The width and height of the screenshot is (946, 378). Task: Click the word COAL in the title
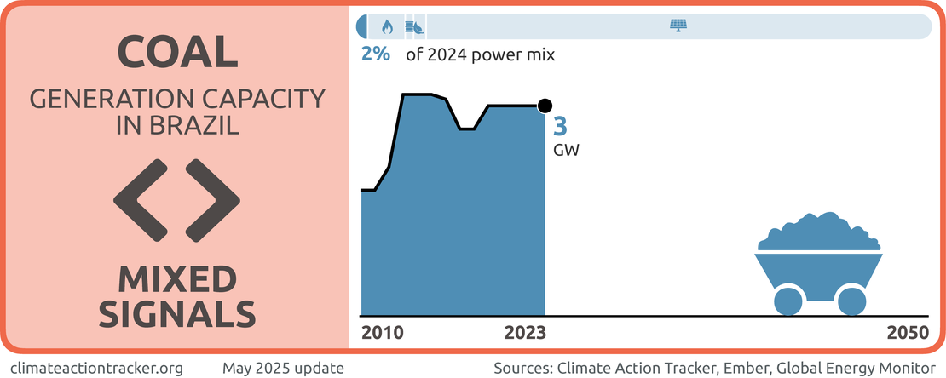click(x=176, y=52)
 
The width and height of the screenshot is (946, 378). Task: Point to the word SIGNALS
click(x=176, y=312)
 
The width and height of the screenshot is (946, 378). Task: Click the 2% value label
click(x=375, y=55)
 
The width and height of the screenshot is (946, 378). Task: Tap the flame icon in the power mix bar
click(x=388, y=26)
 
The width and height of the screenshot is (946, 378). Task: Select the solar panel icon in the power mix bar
click(x=678, y=26)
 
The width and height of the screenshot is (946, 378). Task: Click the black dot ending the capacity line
click(x=545, y=106)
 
